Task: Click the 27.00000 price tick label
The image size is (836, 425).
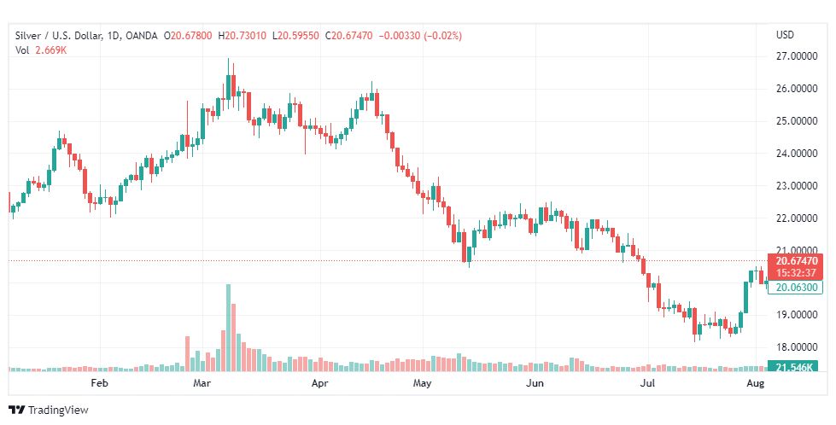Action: pyautogui.click(x=793, y=57)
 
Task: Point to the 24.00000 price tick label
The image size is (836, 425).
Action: pyautogui.click(x=793, y=154)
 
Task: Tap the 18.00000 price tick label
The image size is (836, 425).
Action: pyautogui.click(x=793, y=347)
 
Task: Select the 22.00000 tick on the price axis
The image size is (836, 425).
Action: pyautogui.click(x=793, y=218)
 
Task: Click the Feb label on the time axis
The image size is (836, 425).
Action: pyautogui.click(x=100, y=383)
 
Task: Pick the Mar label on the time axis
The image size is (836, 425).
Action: pyautogui.click(x=202, y=383)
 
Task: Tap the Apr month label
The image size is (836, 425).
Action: pyautogui.click(x=319, y=383)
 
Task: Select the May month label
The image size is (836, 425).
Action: pyautogui.click(x=423, y=383)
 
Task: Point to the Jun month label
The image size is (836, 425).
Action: pyautogui.click(x=534, y=383)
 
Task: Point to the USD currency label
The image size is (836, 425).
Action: pyautogui.click(x=785, y=35)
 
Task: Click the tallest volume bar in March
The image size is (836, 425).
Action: pyautogui.click(x=228, y=329)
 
